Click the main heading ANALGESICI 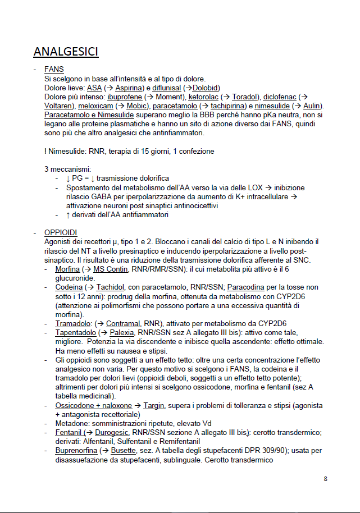66,52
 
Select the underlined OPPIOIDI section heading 61,232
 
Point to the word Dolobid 205,88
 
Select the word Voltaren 58,106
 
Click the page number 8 326,479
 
